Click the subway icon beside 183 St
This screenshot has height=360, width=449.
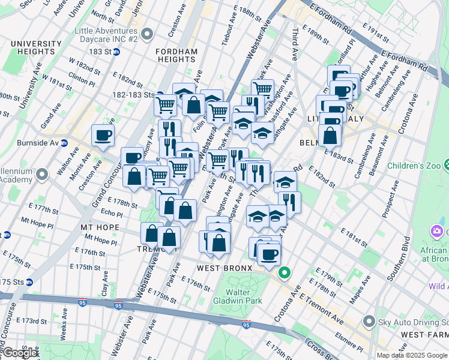click(116, 52)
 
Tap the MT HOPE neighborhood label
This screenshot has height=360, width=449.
click(100, 228)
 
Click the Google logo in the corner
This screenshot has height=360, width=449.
click(19, 352)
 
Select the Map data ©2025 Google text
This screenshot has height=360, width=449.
click(411, 355)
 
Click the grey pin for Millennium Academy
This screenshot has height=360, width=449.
click(41, 175)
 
